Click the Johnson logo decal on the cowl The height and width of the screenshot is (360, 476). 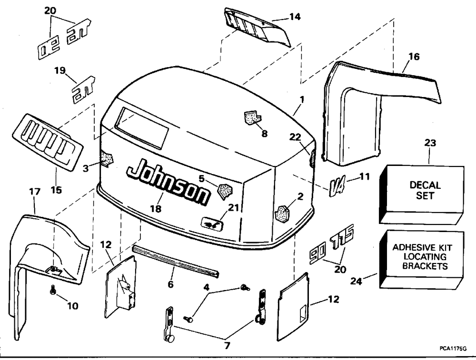[x=168, y=181]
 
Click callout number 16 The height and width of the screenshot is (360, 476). [x=414, y=57]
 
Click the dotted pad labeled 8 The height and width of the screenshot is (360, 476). [x=251, y=117]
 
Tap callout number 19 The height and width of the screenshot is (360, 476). [x=59, y=71]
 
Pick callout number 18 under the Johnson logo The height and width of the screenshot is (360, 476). [x=155, y=208]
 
